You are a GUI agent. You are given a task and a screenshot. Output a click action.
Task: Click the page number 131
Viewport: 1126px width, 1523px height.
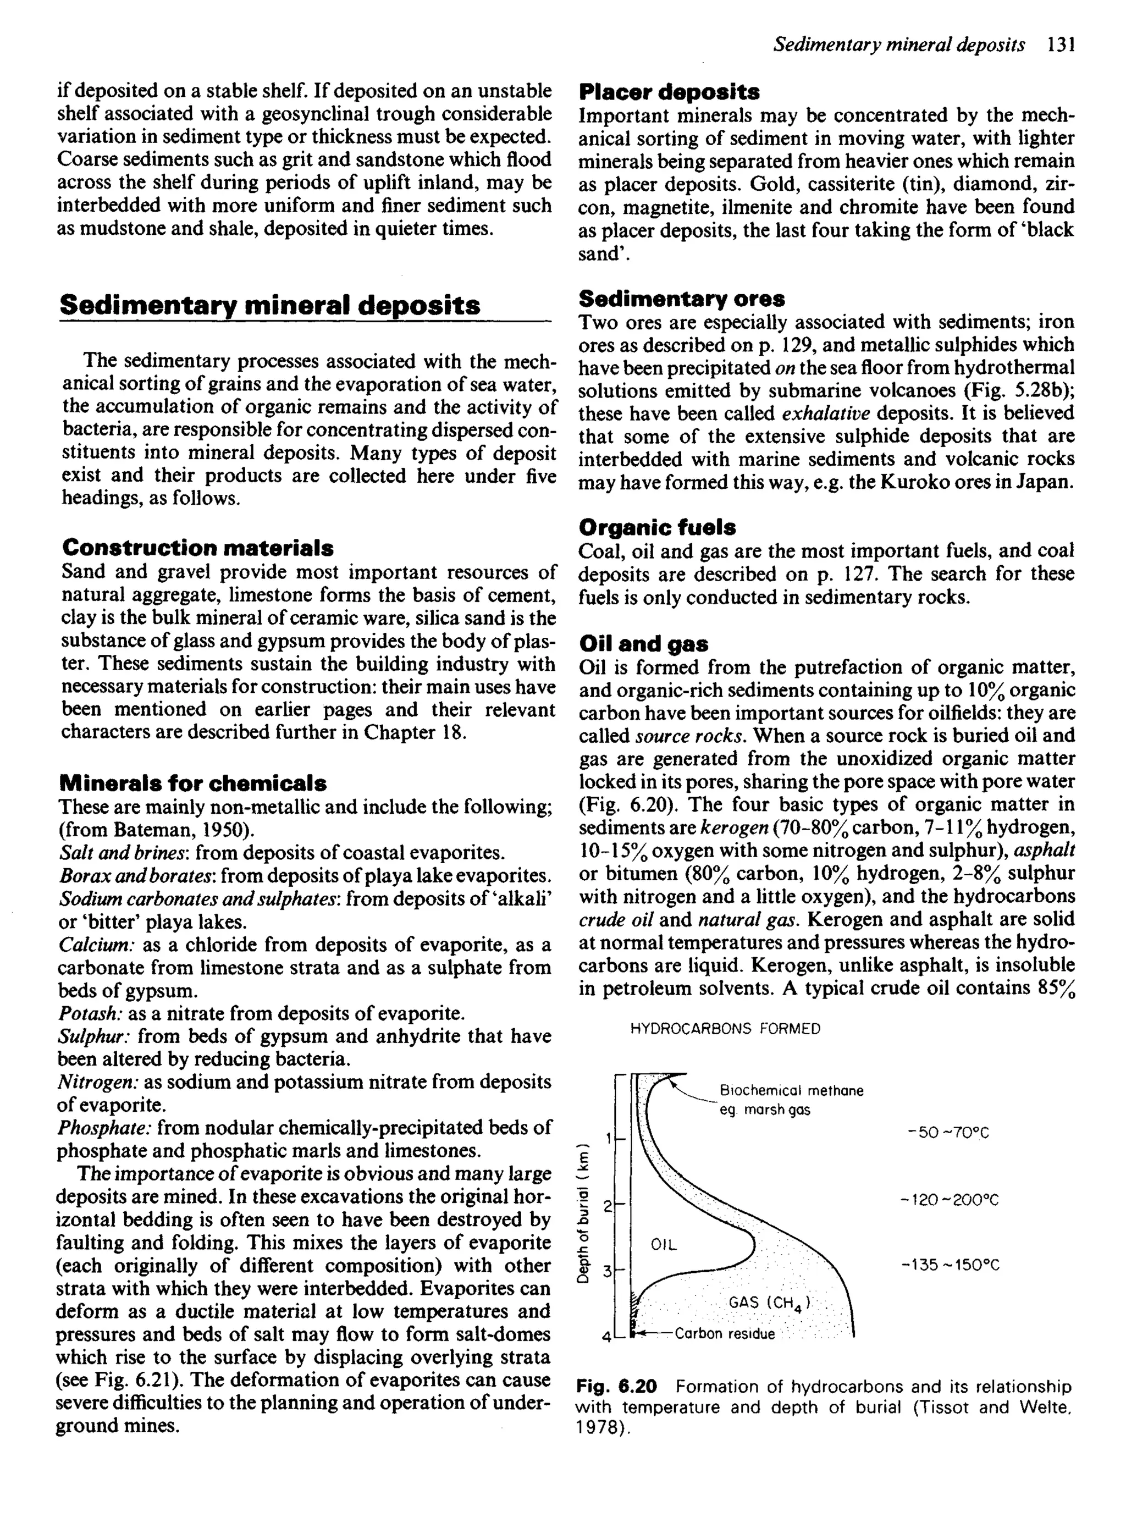click(x=1061, y=46)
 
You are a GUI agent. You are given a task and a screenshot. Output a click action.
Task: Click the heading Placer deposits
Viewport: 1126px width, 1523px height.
click(x=669, y=91)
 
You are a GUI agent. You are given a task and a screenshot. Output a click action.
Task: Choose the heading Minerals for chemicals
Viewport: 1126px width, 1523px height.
click(x=193, y=783)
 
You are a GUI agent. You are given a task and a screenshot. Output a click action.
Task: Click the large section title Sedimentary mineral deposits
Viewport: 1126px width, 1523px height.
click(x=270, y=305)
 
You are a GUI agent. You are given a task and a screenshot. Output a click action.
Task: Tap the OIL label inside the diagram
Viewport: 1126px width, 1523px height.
click(x=664, y=1245)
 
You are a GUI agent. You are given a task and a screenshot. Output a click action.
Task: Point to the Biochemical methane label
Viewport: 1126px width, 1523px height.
click(x=791, y=1090)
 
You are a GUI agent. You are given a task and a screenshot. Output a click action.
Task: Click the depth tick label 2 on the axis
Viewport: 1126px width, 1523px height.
click(x=606, y=1207)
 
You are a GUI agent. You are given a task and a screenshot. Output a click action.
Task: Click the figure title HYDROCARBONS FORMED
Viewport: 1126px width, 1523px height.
click(x=725, y=1029)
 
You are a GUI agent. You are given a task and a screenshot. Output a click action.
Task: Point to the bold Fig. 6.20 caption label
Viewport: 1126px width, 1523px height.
click(x=616, y=1387)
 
